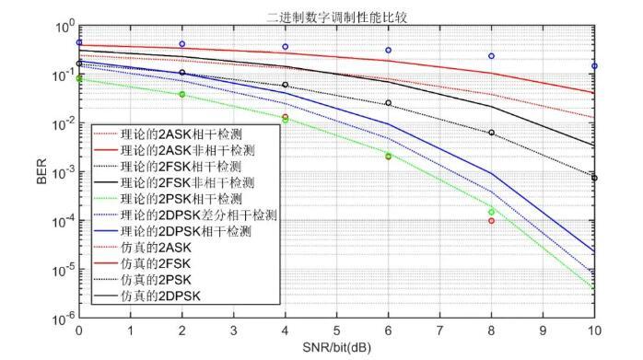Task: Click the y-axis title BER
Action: (x=41, y=174)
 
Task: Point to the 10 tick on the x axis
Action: (x=594, y=330)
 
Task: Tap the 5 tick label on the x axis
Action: (x=336, y=330)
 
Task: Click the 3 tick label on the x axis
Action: (x=233, y=330)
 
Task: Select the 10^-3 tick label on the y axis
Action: (x=64, y=173)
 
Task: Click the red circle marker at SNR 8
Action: (x=491, y=220)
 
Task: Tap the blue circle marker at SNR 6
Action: (x=388, y=50)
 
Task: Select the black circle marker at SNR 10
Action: (x=594, y=178)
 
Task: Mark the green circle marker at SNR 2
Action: (x=181, y=94)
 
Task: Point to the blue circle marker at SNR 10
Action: (x=594, y=66)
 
